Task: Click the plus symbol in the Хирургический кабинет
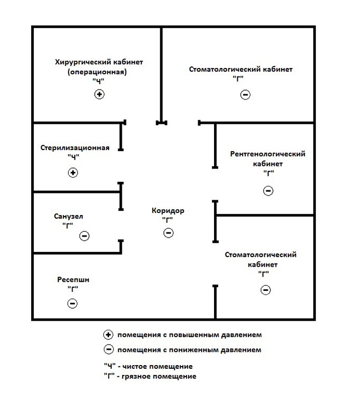(x=99, y=94)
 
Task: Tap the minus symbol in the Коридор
(x=169, y=233)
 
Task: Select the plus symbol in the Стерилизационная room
(x=73, y=172)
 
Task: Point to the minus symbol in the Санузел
(x=84, y=236)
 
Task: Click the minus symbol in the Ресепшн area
(x=72, y=303)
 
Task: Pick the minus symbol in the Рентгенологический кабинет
(x=268, y=191)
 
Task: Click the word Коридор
(x=168, y=211)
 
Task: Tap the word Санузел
(x=69, y=217)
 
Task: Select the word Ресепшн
(x=73, y=280)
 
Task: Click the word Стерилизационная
(x=75, y=148)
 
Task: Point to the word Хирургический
(x=81, y=62)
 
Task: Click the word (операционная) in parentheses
(x=97, y=72)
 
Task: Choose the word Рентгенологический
(x=268, y=154)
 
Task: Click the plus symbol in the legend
(x=108, y=335)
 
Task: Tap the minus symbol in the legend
(x=109, y=349)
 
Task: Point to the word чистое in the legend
(x=135, y=366)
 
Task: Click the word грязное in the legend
(x=135, y=377)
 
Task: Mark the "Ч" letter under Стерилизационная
(x=74, y=156)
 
